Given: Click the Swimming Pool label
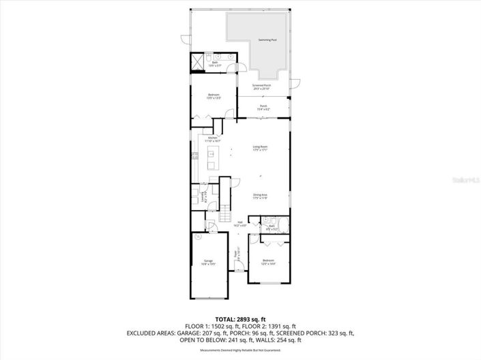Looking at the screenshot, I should pos(267,40).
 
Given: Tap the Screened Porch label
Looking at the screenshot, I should pos(261,87).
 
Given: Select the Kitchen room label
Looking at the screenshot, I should pos(213,139).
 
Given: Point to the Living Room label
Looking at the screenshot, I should pos(260,147).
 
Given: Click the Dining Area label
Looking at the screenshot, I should pos(260,196).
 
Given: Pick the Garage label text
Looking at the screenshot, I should pos(208,262).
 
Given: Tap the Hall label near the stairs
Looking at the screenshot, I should pos(240,223).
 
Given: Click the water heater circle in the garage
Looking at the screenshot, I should pos(196,238).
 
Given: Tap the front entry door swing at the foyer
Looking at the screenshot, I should pos(238,267).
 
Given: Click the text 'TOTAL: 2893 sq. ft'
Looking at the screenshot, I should pos(240,319).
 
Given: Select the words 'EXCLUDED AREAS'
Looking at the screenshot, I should pos(147,333).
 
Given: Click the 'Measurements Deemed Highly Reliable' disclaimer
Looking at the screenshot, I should pos(240,350).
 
